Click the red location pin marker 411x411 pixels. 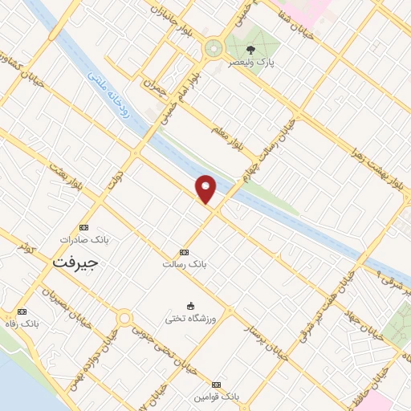point(206,189)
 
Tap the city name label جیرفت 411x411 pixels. point(75,262)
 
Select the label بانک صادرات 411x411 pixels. point(83,239)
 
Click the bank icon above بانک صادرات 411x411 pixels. point(83,227)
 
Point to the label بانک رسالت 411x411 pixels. point(185,263)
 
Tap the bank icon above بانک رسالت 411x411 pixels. point(185,252)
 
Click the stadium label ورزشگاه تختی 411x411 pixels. point(190,317)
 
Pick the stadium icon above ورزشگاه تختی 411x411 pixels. point(190,305)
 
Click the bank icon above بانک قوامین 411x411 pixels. point(216,385)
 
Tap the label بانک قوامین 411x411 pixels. point(216,397)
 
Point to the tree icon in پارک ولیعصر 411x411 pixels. point(250,49)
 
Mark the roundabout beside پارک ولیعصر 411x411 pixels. point(214,48)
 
